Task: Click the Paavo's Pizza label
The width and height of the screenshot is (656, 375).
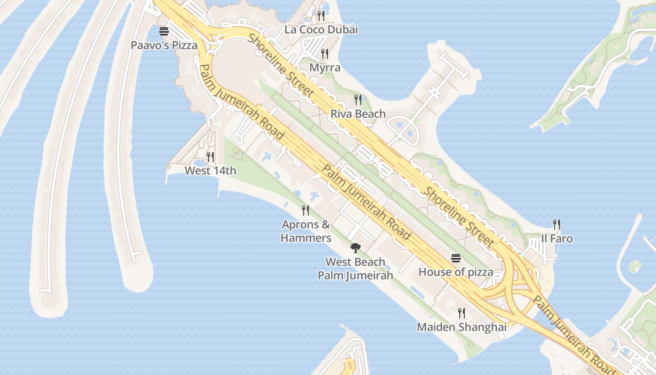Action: [164, 45]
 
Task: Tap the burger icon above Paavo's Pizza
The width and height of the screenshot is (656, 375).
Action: [164, 31]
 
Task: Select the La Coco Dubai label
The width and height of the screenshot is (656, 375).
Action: [321, 30]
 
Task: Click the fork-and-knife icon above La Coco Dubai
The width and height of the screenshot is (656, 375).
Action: [321, 16]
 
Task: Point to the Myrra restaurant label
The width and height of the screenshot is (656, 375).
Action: [325, 67]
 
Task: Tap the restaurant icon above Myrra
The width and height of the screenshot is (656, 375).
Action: [325, 54]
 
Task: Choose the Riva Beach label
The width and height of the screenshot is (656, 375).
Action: [358, 113]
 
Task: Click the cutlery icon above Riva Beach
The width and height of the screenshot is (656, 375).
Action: [358, 99]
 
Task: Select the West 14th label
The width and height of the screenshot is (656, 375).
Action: [210, 171]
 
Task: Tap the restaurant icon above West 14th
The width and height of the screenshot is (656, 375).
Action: [210, 157]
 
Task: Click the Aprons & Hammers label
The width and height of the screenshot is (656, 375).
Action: [306, 231]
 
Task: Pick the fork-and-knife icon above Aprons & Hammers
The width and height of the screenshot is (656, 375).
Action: [306, 210]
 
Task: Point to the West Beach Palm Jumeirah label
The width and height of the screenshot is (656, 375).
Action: [355, 269]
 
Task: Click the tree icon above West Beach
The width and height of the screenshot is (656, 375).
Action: [355, 247]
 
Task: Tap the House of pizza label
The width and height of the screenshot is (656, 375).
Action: [455, 272]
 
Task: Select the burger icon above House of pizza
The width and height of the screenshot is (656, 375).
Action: [456, 258]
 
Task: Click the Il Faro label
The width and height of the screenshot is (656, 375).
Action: [557, 239]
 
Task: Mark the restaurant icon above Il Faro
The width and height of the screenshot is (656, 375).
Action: [557, 225]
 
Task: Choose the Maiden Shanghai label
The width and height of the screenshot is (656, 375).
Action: [462, 327]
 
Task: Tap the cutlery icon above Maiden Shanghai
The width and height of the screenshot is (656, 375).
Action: [462, 313]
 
